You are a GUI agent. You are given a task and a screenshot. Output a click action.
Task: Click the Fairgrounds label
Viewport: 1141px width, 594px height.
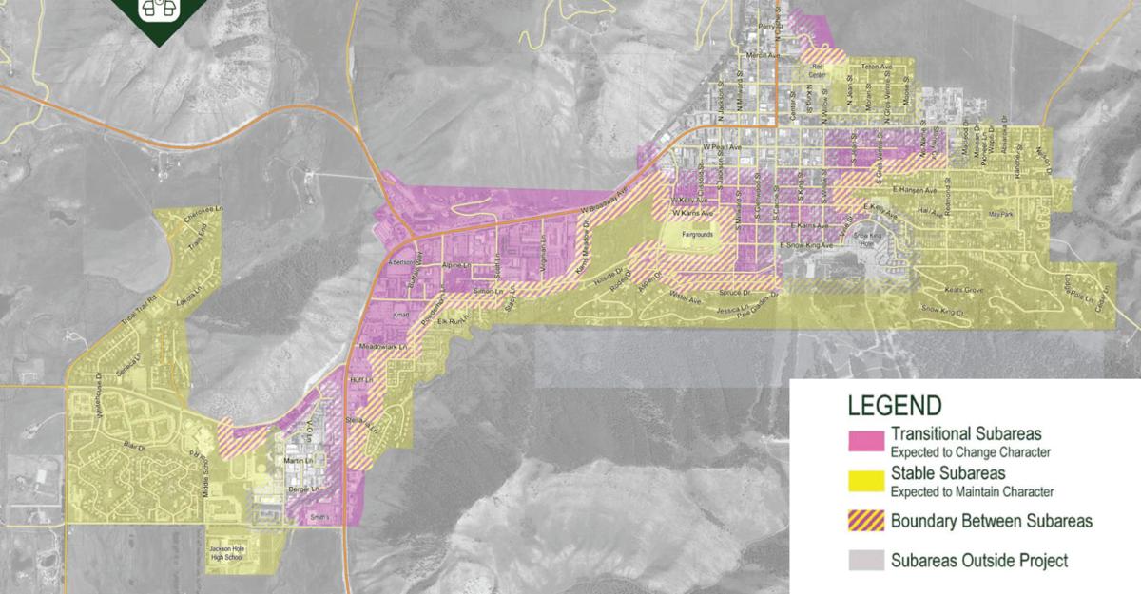pyautogui.click(x=695, y=230)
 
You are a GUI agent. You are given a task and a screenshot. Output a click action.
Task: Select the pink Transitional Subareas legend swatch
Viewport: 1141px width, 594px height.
pyautogui.click(x=867, y=439)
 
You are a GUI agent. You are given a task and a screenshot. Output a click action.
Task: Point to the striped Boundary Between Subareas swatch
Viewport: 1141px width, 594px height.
pyautogui.click(x=867, y=521)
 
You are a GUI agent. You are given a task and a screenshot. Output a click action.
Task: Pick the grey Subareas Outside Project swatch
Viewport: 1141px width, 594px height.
pyautogui.click(x=867, y=560)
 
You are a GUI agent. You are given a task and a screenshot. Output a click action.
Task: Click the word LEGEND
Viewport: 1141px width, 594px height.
pyautogui.click(x=895, y=406)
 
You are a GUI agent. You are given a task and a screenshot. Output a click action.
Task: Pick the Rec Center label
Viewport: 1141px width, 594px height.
pyautogui.click(x=817, y=70)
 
